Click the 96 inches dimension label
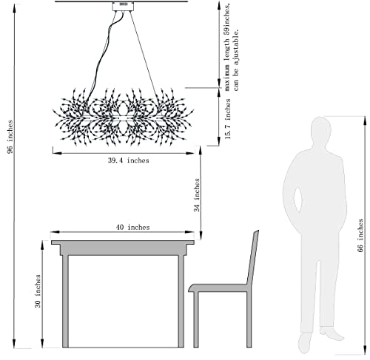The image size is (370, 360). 10,137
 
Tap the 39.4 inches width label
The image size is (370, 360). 129,160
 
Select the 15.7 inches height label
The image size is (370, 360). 227,119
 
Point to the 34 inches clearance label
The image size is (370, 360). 197,195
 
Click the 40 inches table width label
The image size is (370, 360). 132,227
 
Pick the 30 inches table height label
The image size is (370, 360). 38,291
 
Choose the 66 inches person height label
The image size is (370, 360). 360,235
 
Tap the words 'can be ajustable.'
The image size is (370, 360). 236,60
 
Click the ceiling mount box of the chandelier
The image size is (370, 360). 124,7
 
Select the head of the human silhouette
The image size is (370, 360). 320,129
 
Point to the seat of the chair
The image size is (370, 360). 220,288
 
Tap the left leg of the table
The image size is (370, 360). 65,302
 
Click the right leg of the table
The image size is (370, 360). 181,302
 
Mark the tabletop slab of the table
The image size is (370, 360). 123,242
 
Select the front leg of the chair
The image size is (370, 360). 196,320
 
